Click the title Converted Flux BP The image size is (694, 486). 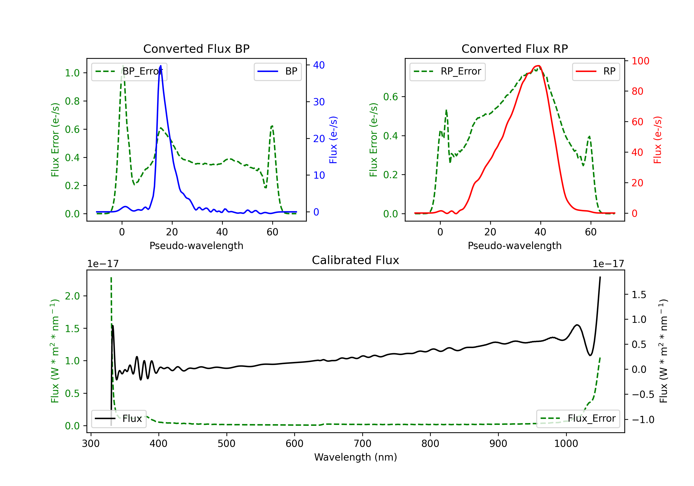(x=196, y=49)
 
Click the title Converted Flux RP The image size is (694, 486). (x=514, y=49)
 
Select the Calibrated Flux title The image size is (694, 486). (x=356, y=260)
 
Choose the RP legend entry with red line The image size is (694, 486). (x=595, y=71)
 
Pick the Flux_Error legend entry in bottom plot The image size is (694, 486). (x=578, y=419)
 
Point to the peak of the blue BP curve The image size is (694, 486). (x=161, y=66)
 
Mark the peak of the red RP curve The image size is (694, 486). (x=538, y=66)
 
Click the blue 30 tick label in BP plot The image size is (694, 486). (x=319, y=102)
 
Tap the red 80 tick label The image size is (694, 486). (x=638, y=91)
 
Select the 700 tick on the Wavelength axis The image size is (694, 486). (x=362, y=444)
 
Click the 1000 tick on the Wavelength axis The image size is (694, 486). (x=566, y=444)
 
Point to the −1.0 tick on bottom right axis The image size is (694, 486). (x=643, y=420)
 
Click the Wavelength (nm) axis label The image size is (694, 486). (x=356, y=457)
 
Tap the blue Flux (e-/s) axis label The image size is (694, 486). (x=333, y=140)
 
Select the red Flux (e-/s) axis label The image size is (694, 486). (x=658, y=140)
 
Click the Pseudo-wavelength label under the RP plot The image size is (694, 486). (x=514, y=246)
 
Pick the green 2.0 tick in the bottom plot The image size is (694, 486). (x=72, y=296)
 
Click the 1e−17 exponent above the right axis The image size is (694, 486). (x=608, y=264)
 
